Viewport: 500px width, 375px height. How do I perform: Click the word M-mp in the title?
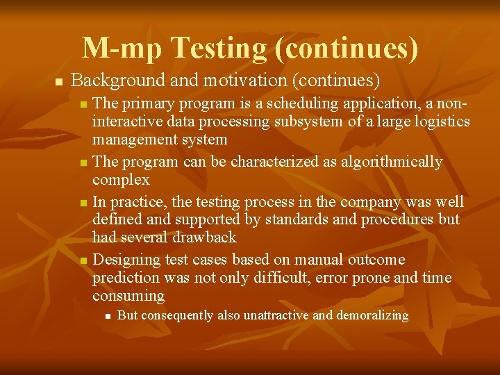click(122, 48)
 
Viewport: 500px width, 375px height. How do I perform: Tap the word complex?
click(120, 181)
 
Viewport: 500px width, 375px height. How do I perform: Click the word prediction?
click(126, 278)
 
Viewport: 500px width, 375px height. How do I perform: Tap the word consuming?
click(128, 297)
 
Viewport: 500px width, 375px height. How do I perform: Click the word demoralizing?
click(372, 316)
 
